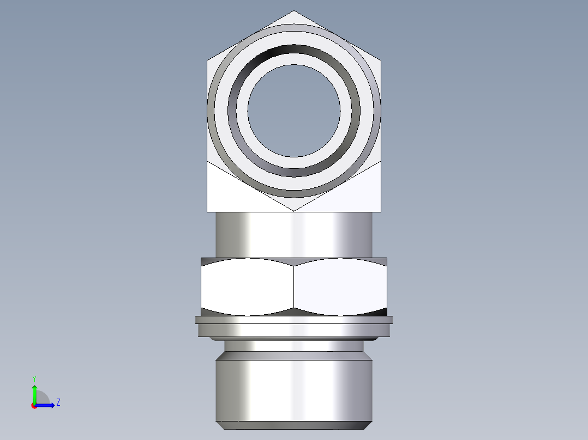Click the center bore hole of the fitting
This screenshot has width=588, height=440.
point(294,111)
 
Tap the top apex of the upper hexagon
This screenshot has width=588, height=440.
point(294,11)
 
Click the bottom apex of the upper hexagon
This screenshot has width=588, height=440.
point(294,210)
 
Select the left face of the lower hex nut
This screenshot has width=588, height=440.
point(247,286)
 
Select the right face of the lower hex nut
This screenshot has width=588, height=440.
point(340,286)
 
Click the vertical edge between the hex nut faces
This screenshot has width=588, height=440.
point(294,286)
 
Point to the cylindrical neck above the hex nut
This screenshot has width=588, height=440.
point(294,234)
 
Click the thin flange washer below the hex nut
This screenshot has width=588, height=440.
point(294,327)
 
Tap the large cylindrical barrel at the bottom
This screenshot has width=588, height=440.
point(294,389)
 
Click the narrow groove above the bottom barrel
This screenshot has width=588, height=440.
point(294,345)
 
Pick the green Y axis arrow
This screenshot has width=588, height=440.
point(34,392)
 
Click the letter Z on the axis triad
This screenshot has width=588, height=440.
point(58,402)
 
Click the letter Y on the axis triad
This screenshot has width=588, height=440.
point(34,378)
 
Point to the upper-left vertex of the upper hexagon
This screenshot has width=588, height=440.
point(208,60)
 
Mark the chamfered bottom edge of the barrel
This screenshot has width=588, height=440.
point(294,425)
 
